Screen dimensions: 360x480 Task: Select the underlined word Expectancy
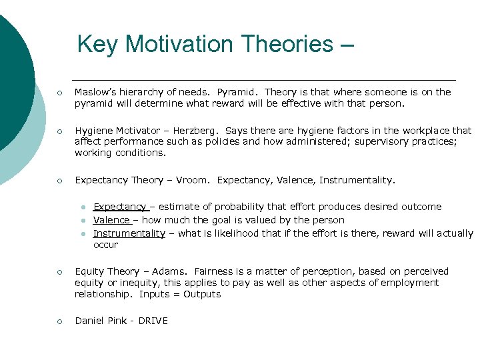pyautogui.click(x=119, y=207)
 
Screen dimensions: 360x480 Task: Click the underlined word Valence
pyautogui.click(x=111, y=220)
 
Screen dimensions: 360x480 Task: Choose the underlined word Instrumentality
pyautogui.click(x=129, y=233)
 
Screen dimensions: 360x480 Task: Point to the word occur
pyautogui.click(x=105, y=245)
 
